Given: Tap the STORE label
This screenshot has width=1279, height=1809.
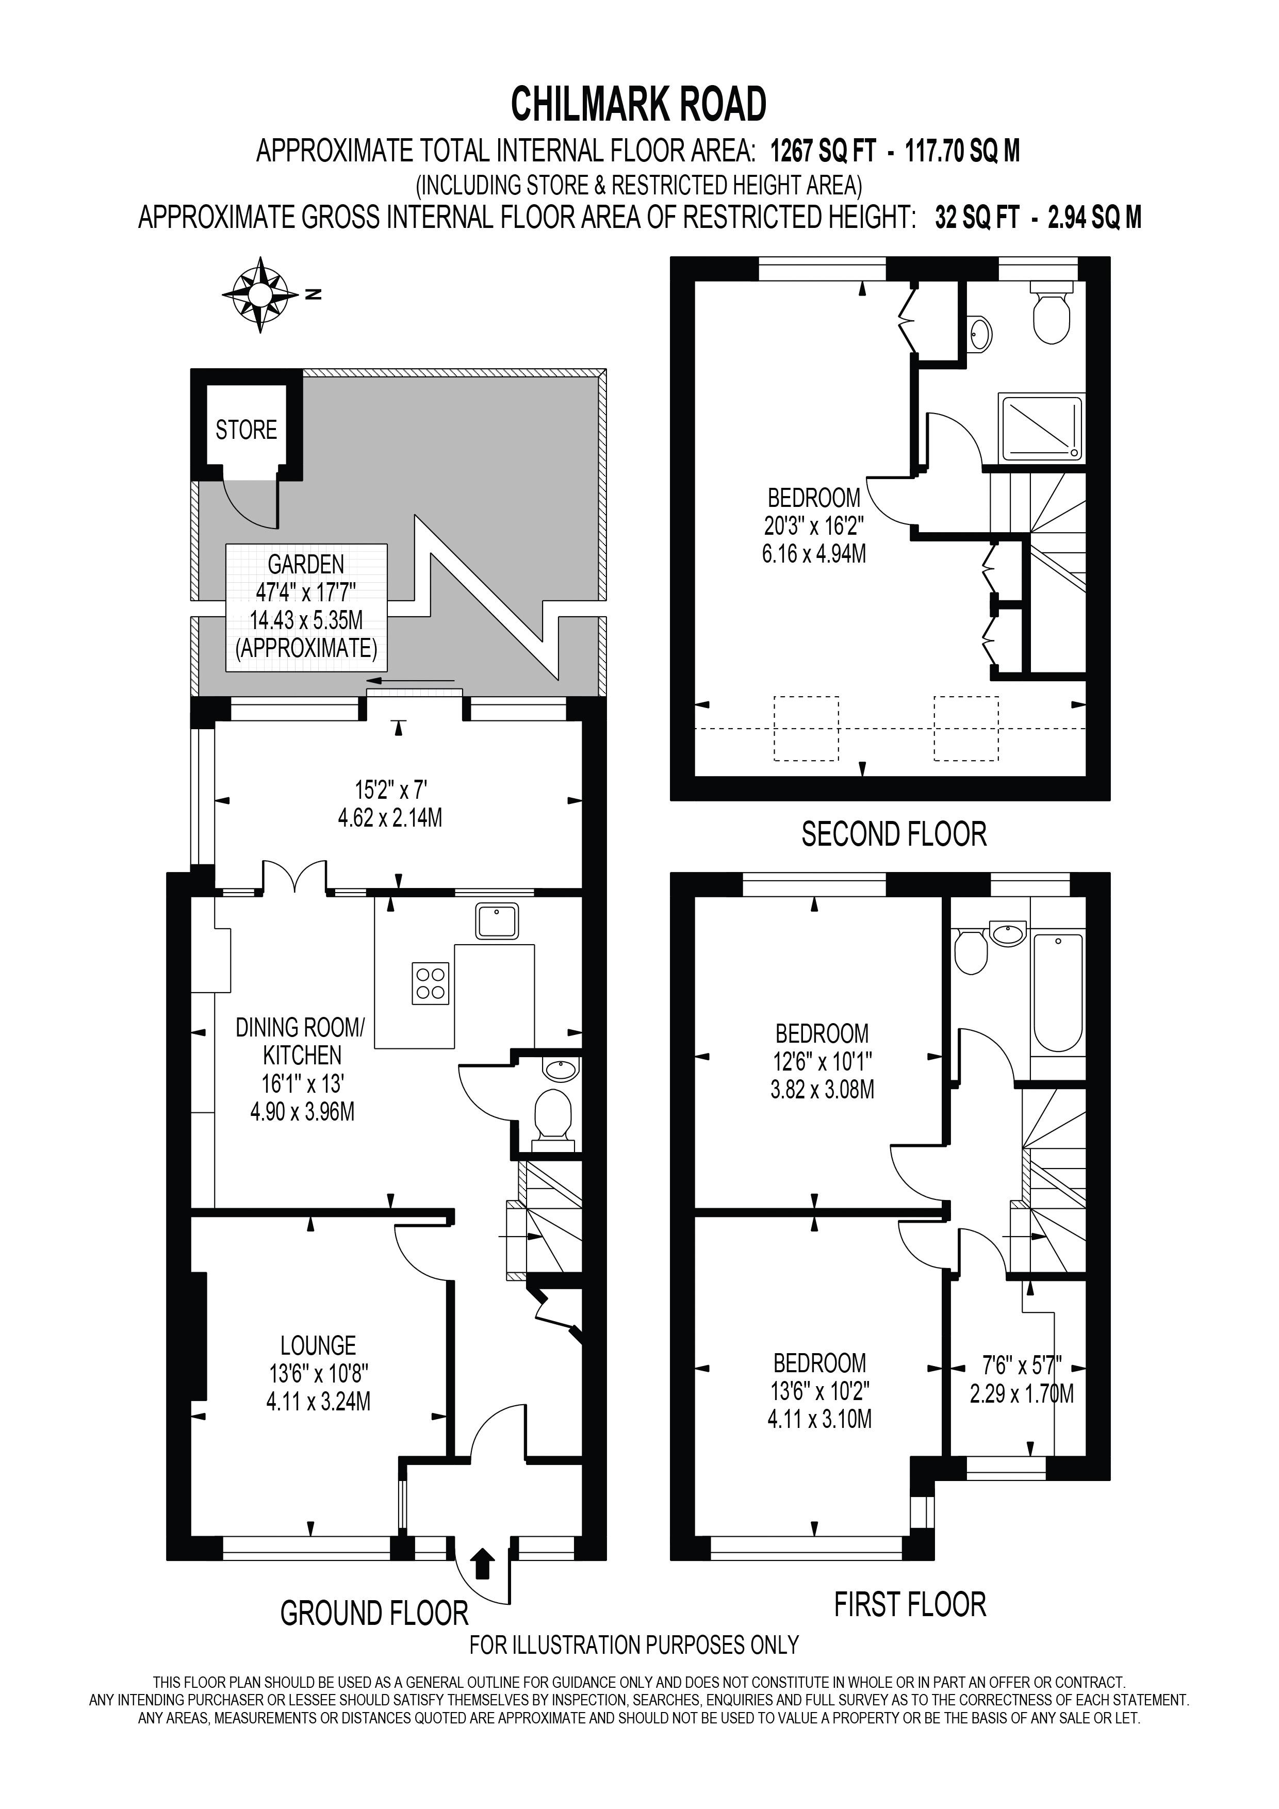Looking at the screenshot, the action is [247, 430].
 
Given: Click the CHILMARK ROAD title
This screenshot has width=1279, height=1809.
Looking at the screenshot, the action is [639, 104].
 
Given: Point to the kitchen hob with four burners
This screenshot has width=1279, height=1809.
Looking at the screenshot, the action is [430, 983].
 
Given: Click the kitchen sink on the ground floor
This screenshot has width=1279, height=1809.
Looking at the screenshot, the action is [497, 921].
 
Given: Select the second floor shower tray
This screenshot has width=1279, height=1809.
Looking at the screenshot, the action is [1040, 428].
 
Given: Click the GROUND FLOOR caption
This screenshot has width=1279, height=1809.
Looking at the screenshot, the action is [374, 1614].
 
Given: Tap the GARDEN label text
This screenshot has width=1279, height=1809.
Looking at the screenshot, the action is [306, 564].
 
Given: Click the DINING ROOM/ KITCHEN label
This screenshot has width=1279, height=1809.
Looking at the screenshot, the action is [301, 1041].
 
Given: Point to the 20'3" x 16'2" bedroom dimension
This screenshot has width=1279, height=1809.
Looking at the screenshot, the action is [814, 525].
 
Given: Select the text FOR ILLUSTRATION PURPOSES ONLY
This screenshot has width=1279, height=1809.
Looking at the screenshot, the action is [634, 1645].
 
